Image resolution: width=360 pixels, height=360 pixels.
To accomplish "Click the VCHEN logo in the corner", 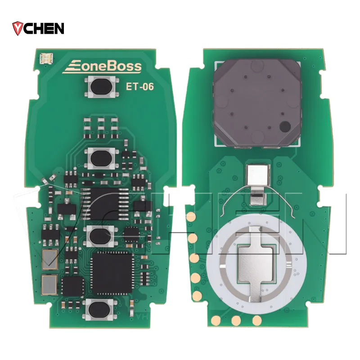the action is coord(38,28).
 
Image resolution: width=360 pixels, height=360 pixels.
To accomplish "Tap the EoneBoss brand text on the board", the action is coord(102,67).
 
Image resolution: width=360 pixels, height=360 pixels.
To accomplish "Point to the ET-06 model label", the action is coord(139,87).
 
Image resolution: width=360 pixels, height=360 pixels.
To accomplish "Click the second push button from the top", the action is coord(102,158).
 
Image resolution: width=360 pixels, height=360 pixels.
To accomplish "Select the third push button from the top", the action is coord(100,236).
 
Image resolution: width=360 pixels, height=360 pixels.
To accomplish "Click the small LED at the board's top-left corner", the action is coord(46,59).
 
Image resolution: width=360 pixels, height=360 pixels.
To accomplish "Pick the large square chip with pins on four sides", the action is coord(112,273).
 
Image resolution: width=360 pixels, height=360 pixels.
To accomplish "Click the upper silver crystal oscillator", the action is coord(49,260).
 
